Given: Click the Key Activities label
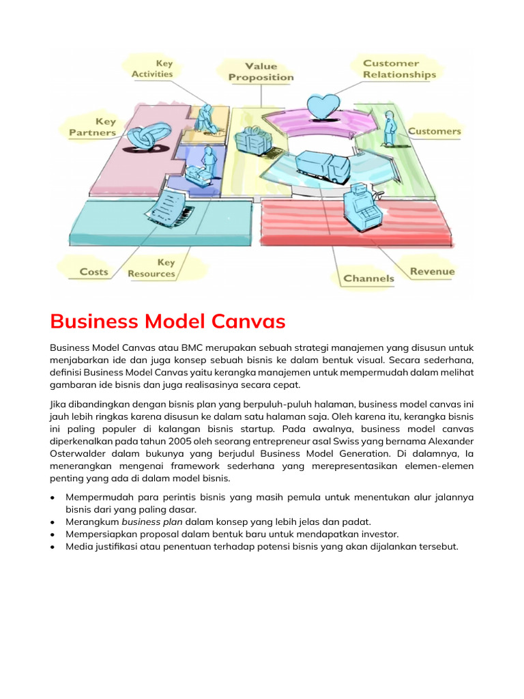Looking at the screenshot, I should tap(152, 68).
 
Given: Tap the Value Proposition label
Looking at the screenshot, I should tap(261, 72).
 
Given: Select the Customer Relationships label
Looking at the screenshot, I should tap(399, 69).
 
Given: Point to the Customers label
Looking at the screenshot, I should tap(434, 131).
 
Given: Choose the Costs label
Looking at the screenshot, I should tap(93, 272).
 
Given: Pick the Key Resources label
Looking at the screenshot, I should tap(151, 268).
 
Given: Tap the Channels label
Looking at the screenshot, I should tap(368, 278).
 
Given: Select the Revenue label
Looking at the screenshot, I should tap(432, 272).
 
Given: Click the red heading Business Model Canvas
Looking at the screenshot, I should tap(167, 321).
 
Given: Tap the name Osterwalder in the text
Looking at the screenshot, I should tap(76, 455).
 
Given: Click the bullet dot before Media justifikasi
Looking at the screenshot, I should tap(53, 547).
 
